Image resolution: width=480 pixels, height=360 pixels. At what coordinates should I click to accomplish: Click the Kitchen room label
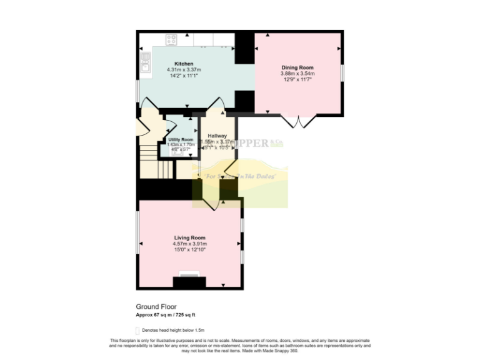[x=184, y=64]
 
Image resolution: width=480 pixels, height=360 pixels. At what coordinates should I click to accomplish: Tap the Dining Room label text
[x=297, y=67]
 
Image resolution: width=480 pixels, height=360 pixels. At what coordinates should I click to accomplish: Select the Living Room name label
[x=189, y=238]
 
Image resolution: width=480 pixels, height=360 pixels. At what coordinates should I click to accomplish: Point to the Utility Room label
[x=181, y=139]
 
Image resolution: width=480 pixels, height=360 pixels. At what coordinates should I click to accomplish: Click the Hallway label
[x=217, y=136]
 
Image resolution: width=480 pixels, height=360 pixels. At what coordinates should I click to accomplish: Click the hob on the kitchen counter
[x=171, y=39]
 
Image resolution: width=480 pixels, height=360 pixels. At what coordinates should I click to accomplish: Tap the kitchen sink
[x=145, y=61]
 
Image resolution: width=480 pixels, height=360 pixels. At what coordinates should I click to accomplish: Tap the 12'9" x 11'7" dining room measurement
[x=297, y=79]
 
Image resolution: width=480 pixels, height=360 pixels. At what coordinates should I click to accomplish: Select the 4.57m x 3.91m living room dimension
[x=189, y=244]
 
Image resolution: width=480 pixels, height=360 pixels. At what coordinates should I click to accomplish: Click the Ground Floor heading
[x=156, y=307]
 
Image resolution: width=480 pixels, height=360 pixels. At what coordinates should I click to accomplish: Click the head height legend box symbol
[x=138, y=330]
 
